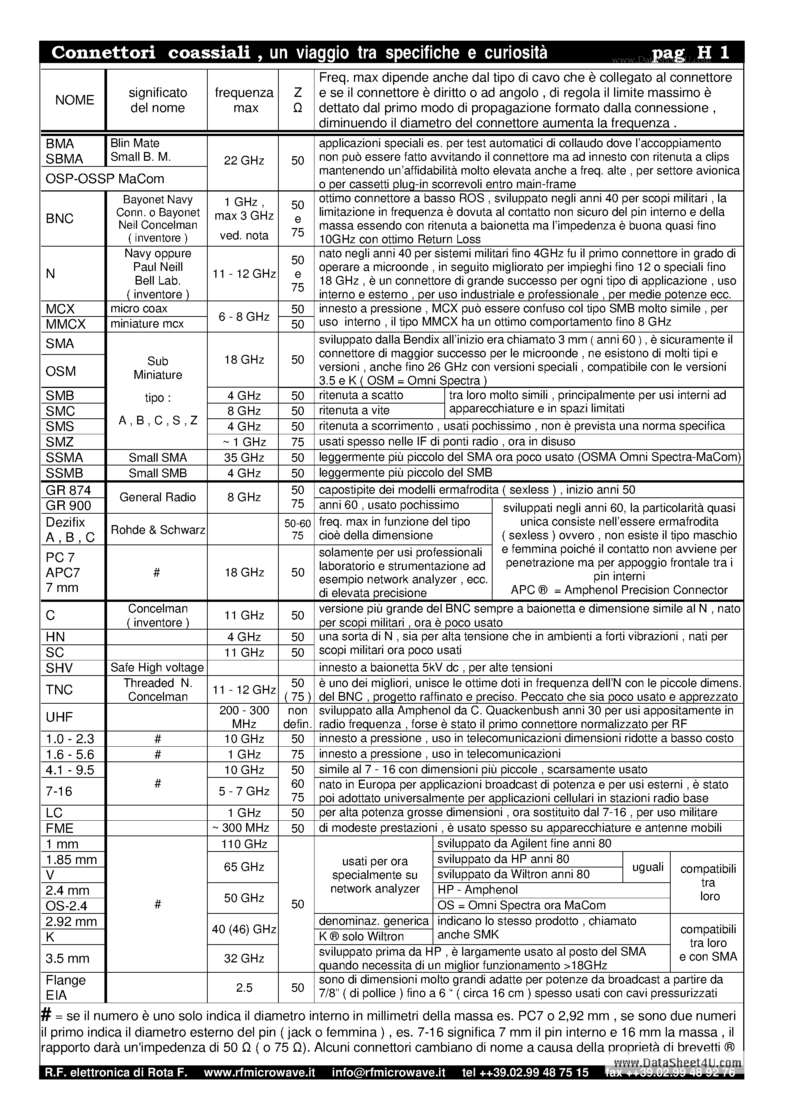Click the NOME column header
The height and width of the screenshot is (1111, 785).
click(x=74, y=100)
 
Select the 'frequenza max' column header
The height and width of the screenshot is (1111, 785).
click(x=244, y=100)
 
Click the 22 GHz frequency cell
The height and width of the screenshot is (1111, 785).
click(x=244, y=160)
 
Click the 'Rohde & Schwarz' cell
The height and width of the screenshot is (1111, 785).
click(x=158, y=530)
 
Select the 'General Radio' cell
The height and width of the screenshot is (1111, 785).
click(x=158, y=497)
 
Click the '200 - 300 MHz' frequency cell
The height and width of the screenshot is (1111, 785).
click(x=244, y=717)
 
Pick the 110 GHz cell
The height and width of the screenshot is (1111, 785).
click(x=244, y=844)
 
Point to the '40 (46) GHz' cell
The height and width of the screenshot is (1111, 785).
click(x=244, y=929)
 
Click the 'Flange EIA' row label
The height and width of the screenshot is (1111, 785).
click(x=65, y=987)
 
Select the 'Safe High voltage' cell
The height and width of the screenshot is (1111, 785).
click(x=157, y=667)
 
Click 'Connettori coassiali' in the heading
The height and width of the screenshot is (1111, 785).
click(x=151, y=53)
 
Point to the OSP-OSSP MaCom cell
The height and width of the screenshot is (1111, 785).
click(x=105, y=179)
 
